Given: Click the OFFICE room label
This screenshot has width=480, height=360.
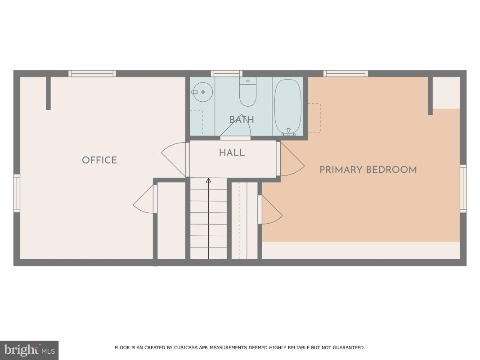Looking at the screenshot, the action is [99, 160].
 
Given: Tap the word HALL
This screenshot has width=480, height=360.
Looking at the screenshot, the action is [232, 153].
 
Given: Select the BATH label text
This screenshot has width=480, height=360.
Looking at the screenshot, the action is [242, 119].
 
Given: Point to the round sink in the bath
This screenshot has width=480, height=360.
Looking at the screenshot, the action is [202, 92].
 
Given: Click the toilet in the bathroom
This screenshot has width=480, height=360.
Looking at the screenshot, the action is [248, 92].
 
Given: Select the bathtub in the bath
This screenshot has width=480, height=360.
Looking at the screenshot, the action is [288, 107].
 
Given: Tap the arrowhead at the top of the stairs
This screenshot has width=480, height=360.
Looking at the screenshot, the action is [208, 180].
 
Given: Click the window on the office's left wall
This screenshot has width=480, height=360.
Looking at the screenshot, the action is [17, 193].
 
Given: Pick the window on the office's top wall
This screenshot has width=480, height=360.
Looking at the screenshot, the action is [92, 73].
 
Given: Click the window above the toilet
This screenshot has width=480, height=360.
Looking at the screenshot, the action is [227, 73].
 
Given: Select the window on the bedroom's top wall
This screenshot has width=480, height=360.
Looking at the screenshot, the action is [346, 73].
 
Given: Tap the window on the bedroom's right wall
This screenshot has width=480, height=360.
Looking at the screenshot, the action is [463, 189].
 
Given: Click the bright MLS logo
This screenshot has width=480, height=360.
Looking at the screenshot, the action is [29, 350].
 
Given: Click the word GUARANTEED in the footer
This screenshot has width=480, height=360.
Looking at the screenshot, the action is [349, 347].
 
